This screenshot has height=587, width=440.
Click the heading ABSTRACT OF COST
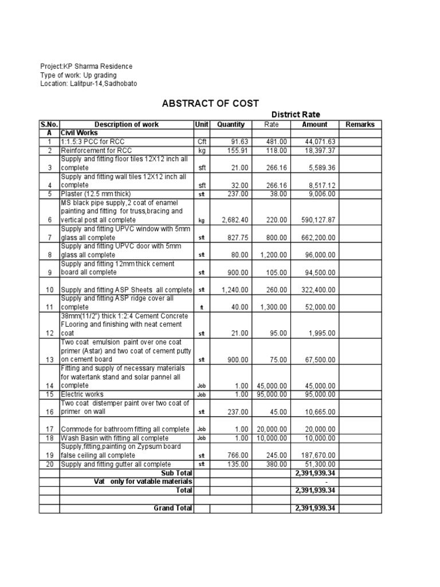point(210,103)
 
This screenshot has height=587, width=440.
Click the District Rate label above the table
point(295,115)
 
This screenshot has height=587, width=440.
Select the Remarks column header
point(360,124)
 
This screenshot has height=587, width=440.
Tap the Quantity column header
point(231,124)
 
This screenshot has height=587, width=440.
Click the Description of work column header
point(127,124)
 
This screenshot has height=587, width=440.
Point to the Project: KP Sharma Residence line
point(86,66)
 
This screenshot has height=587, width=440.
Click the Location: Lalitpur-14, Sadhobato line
point(88,84)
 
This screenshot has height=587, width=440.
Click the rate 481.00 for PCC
point(275,142)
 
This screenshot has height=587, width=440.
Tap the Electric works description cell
point(81,394)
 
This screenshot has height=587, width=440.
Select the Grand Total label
point(172,508)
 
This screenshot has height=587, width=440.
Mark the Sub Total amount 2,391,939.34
point(314,473)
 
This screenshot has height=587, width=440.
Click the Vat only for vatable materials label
point(143,482)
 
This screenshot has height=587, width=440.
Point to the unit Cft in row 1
point(201,142)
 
